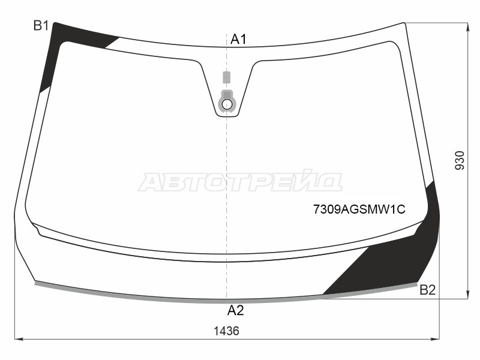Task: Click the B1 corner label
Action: pos(41,25)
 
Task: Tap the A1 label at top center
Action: pos(239,40)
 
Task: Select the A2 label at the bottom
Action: pos(235,310)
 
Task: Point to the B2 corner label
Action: pos(428,290)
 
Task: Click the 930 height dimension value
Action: pos(460,161)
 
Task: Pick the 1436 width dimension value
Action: pos(226,331)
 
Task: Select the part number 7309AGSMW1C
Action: pos(359,209)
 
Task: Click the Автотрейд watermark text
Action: pos(240,181)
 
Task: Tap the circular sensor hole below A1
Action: pos(227,104)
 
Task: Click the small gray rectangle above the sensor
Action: pos(227,77)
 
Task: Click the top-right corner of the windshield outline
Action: pos(406,23)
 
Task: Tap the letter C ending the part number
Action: pos(402,209)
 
